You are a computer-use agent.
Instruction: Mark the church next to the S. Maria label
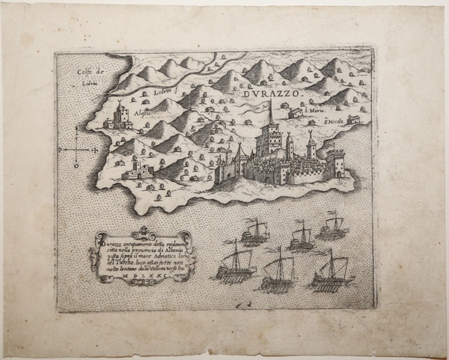[x=296, y=113]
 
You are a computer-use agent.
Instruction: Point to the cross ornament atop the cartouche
[x=141, y=229]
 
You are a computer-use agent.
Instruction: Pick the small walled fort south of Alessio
[x=136, y=170]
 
